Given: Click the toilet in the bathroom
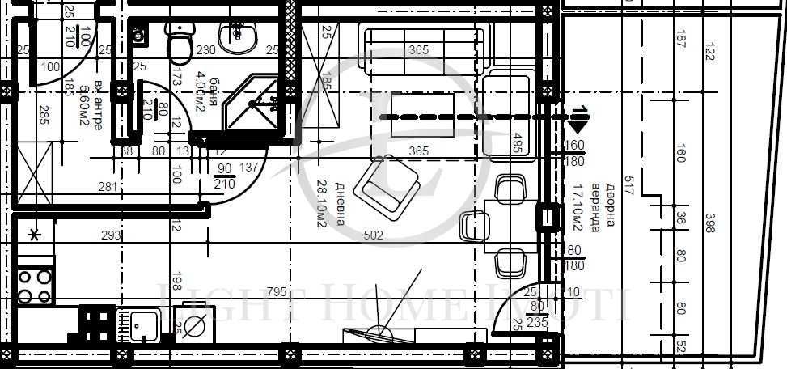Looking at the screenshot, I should tap(178, 42).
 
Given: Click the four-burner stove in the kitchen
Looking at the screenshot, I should tap(35, 286).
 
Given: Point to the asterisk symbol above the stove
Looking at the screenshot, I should tap(33, 235).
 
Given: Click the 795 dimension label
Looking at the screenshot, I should tap(274, 291).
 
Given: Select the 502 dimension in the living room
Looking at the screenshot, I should tap(373, 236).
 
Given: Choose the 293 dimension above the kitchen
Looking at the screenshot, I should tap(111, 235).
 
